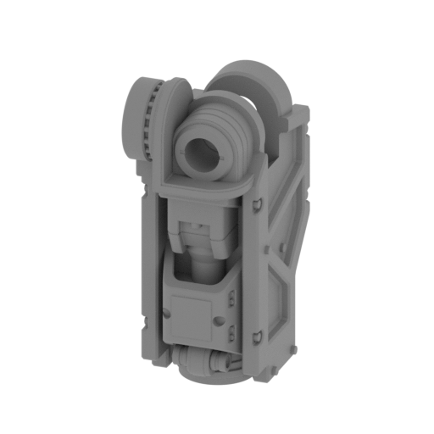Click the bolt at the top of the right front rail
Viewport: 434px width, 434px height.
(x=254, y=203)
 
